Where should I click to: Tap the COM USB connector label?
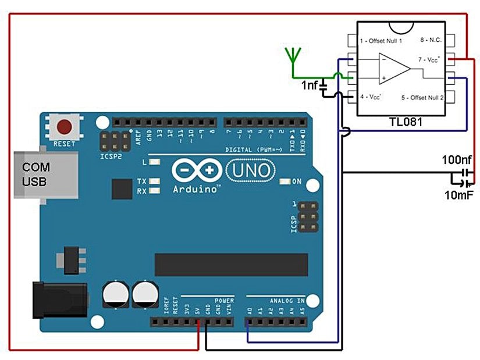coord(36,174)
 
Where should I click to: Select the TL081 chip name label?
coord(405,123)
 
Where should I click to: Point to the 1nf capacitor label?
coord(310,85)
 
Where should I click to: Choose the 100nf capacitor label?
coord(457,159)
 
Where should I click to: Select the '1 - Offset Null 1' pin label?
coord(382,41)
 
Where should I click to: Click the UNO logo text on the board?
coord(249,170)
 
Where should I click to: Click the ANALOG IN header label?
coord(286,300)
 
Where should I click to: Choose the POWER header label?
coord(224,300)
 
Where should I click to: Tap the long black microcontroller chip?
coord(230,265)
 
